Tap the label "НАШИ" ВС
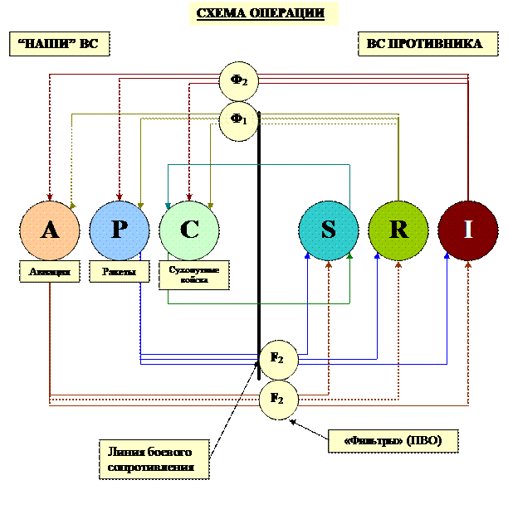[57, 44]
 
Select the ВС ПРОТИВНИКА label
[424, 44]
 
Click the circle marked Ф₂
[239, 81]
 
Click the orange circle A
[50, 230]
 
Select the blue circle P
[120, 230]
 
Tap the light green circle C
[189, 230]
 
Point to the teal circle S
[329, 230]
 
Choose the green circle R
[398, 230]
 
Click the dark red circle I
[468, 230]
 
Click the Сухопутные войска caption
[193, 275]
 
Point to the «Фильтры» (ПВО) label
[393, 441]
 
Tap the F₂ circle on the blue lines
[278, 359]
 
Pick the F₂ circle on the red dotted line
[278, 399]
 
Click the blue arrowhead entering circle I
[447, 256]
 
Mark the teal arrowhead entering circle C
[169, 205]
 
